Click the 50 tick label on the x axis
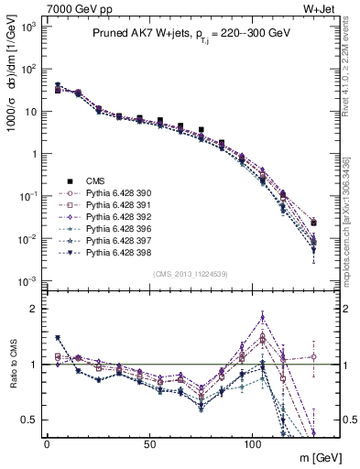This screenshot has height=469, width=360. tap(149, 442)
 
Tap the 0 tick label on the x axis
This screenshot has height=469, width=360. tap(47, 442)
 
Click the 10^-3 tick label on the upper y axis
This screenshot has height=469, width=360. tap(27, 281)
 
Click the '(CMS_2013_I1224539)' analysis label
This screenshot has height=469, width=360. tap(178, 273)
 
